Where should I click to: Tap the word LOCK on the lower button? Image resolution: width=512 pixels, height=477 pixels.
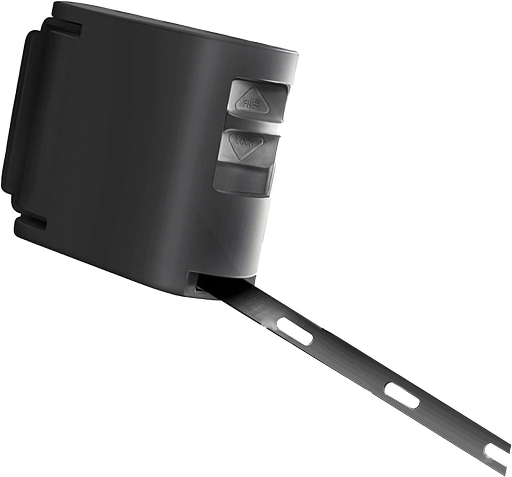[245, 142]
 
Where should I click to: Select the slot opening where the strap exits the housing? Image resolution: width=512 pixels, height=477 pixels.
[206, 286]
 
